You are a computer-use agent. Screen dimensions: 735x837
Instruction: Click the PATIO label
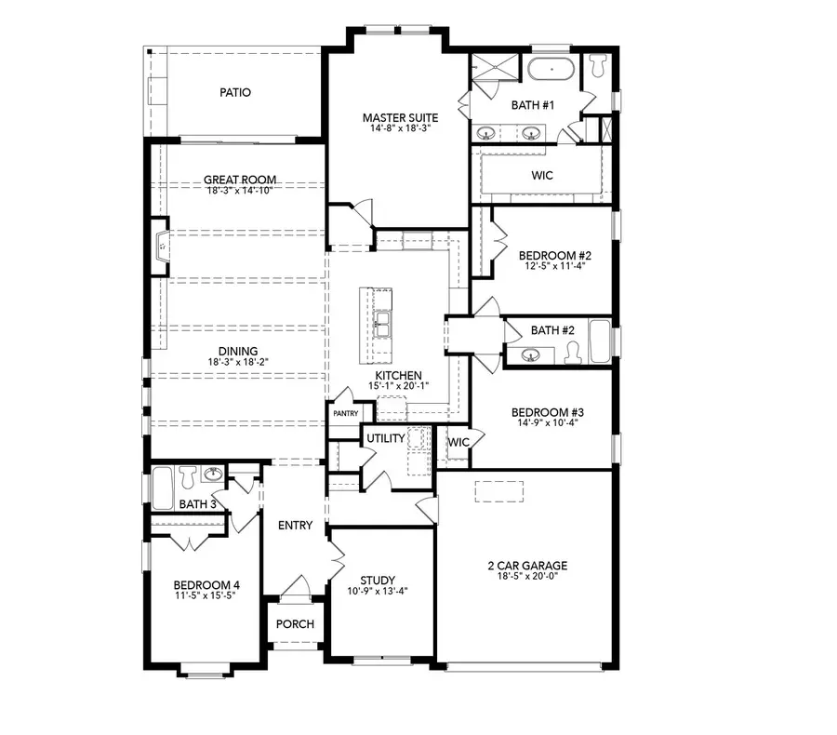pos(235,93)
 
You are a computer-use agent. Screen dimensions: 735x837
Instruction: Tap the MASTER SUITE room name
pos(400,118)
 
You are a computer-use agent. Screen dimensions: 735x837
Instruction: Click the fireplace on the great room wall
pos(162,247)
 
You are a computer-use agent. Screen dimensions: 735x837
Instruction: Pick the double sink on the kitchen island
pos(382,325)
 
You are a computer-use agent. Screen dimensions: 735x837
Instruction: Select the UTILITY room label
pos(385,437)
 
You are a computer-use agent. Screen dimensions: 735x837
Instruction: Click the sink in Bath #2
pos(531,354)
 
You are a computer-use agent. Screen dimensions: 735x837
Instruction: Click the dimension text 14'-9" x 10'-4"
pos(547,423)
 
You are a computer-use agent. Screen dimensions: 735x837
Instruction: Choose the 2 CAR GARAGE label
pos(527,565)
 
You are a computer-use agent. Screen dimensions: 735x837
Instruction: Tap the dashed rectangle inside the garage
pos(499,491)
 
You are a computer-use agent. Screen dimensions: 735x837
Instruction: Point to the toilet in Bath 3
pos(187,476)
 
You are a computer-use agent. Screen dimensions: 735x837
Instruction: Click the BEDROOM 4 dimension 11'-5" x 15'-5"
pos(206,597)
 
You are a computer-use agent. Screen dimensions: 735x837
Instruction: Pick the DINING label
pos(212,351)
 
